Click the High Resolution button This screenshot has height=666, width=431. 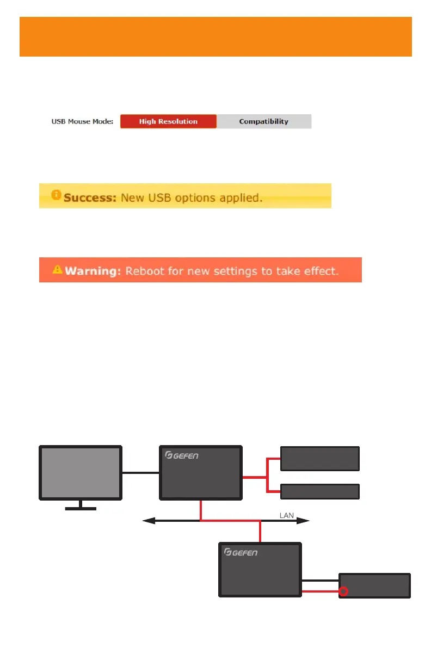coord(168,121)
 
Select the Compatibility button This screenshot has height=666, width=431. coord(264,121)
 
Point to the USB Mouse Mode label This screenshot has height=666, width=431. coord(83,121)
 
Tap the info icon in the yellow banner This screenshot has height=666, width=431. coord(56,195)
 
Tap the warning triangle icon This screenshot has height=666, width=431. coord(57,269)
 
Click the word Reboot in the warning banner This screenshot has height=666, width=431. coord(144,270)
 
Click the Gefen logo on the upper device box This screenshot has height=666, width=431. coord(182,455)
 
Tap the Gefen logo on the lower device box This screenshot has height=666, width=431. coord(241,552)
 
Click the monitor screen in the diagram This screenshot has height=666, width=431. coord(81,473)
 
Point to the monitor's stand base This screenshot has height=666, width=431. coord(81,509)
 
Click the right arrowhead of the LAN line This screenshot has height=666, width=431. coord(306,521)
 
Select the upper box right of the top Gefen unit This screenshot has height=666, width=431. coord(319,458)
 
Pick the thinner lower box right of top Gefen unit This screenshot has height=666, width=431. coord(319,491)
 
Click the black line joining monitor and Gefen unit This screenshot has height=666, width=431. coord(140,473)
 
